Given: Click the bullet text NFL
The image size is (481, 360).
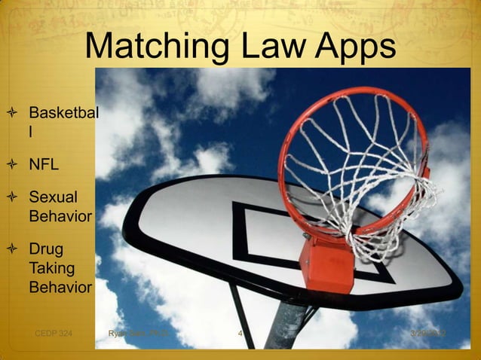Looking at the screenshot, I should point(44,164).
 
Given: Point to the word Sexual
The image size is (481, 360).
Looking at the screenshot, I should point(53,198).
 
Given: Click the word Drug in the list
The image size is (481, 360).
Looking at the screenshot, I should point(46,249).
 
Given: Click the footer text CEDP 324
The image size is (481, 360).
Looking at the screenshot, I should point(54,333).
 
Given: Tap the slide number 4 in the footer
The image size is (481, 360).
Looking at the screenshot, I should point(239,333).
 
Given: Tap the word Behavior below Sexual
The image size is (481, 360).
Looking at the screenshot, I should point(60,217).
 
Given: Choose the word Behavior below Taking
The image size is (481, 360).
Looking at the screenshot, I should point(60,287).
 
